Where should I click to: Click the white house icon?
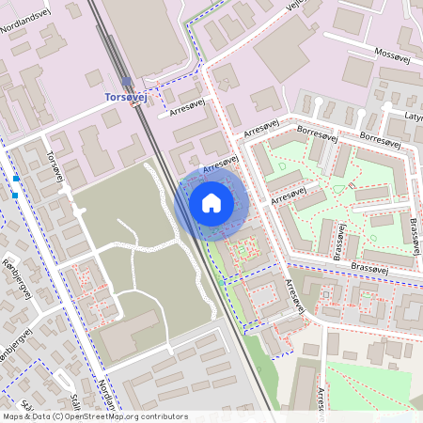pyautogui.click(x=211, y=203)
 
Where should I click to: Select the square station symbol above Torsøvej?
pyautogui.click(x=126, y=82)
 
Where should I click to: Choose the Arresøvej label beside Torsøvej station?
pyautogui.click(x=183, y=109)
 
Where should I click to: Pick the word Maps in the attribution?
pyautogui.click(x=14, y=415)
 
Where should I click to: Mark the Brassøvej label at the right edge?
pyautogui.click(x=414, y=234)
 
